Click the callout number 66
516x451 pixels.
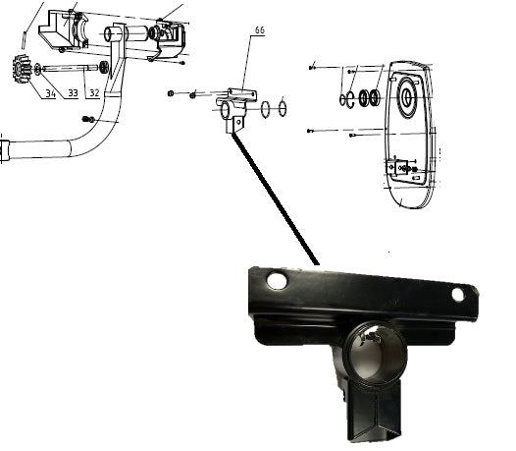[260, 30]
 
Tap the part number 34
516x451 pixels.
[50, 93]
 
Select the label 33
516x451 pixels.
[73, 93]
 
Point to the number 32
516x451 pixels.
[94, 93]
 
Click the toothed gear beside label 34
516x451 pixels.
[22, 69]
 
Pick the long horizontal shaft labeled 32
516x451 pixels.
[70, 68]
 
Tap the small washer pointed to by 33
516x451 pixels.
[37, 69]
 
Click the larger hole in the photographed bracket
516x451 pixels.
[277, 281]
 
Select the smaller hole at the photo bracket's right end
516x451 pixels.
[458, 295]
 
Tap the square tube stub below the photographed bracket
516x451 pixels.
[375, 412]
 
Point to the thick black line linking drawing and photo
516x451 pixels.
[275, 198]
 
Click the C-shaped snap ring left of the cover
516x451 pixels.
[350, 99]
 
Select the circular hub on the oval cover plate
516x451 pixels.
[407, 97]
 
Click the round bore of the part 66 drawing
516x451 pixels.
[225, 110]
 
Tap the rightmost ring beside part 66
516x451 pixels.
[282, 107]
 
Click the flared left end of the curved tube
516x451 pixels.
[5, 150]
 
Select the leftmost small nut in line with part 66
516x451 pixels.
[171, 93]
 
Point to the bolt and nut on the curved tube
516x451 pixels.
[88, 119]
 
